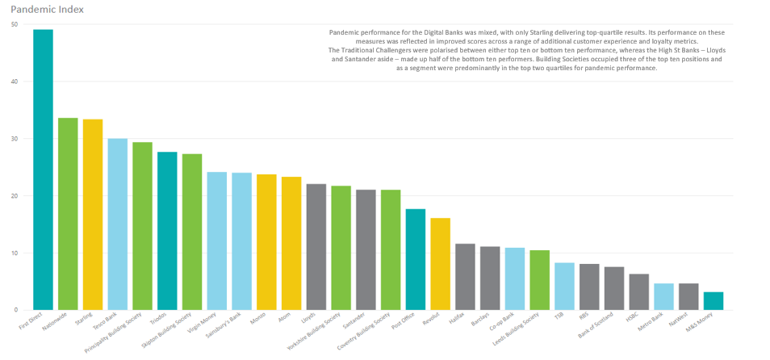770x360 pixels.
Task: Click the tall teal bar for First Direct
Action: coord(43,170)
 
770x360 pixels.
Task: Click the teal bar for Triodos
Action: coord(167,231)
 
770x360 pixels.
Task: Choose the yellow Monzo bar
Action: coord(266,242)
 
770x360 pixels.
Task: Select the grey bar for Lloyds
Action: coord(316,247)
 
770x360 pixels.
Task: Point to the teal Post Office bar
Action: coord(416,259)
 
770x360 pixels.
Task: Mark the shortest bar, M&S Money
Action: coord(713,301)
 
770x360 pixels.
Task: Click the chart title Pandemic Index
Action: coord(48,10)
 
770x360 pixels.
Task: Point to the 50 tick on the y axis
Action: coord(15,24)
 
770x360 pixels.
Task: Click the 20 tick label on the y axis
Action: coord(15,195)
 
